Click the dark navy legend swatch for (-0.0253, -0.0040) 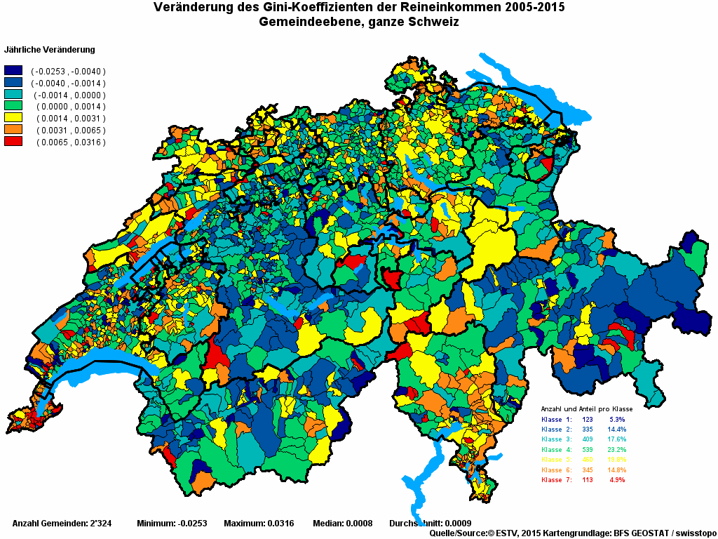coord(13,71)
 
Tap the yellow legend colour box coord(13,118)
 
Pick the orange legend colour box coord(13,130)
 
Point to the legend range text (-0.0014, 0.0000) coord(69,95)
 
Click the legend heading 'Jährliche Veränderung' coord(50,50)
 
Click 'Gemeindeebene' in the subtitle coord(307,22)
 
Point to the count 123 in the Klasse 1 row coord(587,419)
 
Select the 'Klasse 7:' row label coord(557,480)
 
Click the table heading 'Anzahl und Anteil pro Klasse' coord(587,408)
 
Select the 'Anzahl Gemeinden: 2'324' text coord(62,524)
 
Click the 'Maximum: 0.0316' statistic coord(259,524)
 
